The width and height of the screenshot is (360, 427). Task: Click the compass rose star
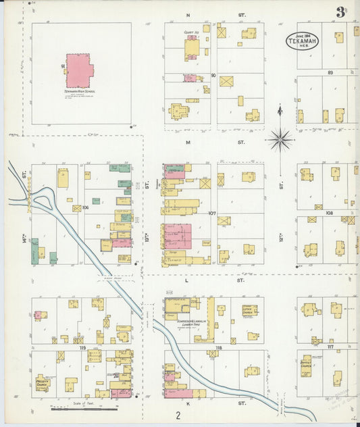[x=280, y=140]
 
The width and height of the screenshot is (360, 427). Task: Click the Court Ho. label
[x=191, y=32]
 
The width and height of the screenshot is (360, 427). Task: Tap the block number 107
[x=212, y=214]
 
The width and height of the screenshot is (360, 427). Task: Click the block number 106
[x=85, y=207]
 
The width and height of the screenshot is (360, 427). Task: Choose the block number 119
[x=83, y=348]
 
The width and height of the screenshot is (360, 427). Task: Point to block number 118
[x=218, y=348]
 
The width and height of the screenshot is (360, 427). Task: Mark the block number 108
[x=329, y=213]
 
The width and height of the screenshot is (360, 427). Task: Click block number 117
[x=330, y=347]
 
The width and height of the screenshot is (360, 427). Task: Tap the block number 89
[x=330, y=72]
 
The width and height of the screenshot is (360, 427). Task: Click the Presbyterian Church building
[x=43, y=383]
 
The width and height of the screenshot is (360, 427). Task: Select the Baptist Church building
[x=307, y=366]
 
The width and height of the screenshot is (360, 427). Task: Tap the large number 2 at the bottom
[x=179, y=415]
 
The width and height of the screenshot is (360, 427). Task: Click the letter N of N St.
[x=188, y=14]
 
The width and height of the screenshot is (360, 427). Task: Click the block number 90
[x=213, y=75]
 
